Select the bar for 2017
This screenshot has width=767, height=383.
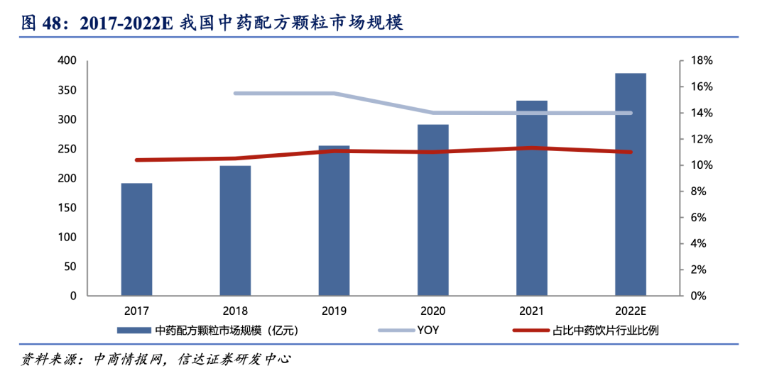tap(136, 240)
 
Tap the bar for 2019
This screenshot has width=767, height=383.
tap(334, 221)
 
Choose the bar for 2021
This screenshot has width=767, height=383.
tap(532, 198)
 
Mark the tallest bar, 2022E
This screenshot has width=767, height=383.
tap(631, 184)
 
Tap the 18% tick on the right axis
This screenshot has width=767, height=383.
tap(692, 61)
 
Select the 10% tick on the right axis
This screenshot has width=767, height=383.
tap(692, 165)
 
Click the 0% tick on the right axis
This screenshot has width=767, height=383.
tap(695, 296)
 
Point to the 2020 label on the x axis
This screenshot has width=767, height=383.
tap(433, 311)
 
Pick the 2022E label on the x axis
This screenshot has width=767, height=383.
tap(631, 311)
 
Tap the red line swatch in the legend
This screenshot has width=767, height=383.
tap(530, 330)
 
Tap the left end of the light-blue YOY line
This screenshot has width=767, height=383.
tap(236, 94)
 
